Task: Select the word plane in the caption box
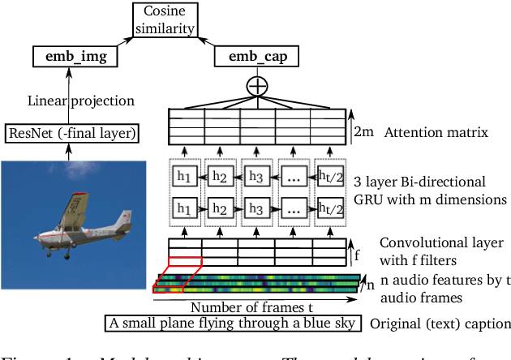(182, 325)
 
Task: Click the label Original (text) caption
(439, 325)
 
